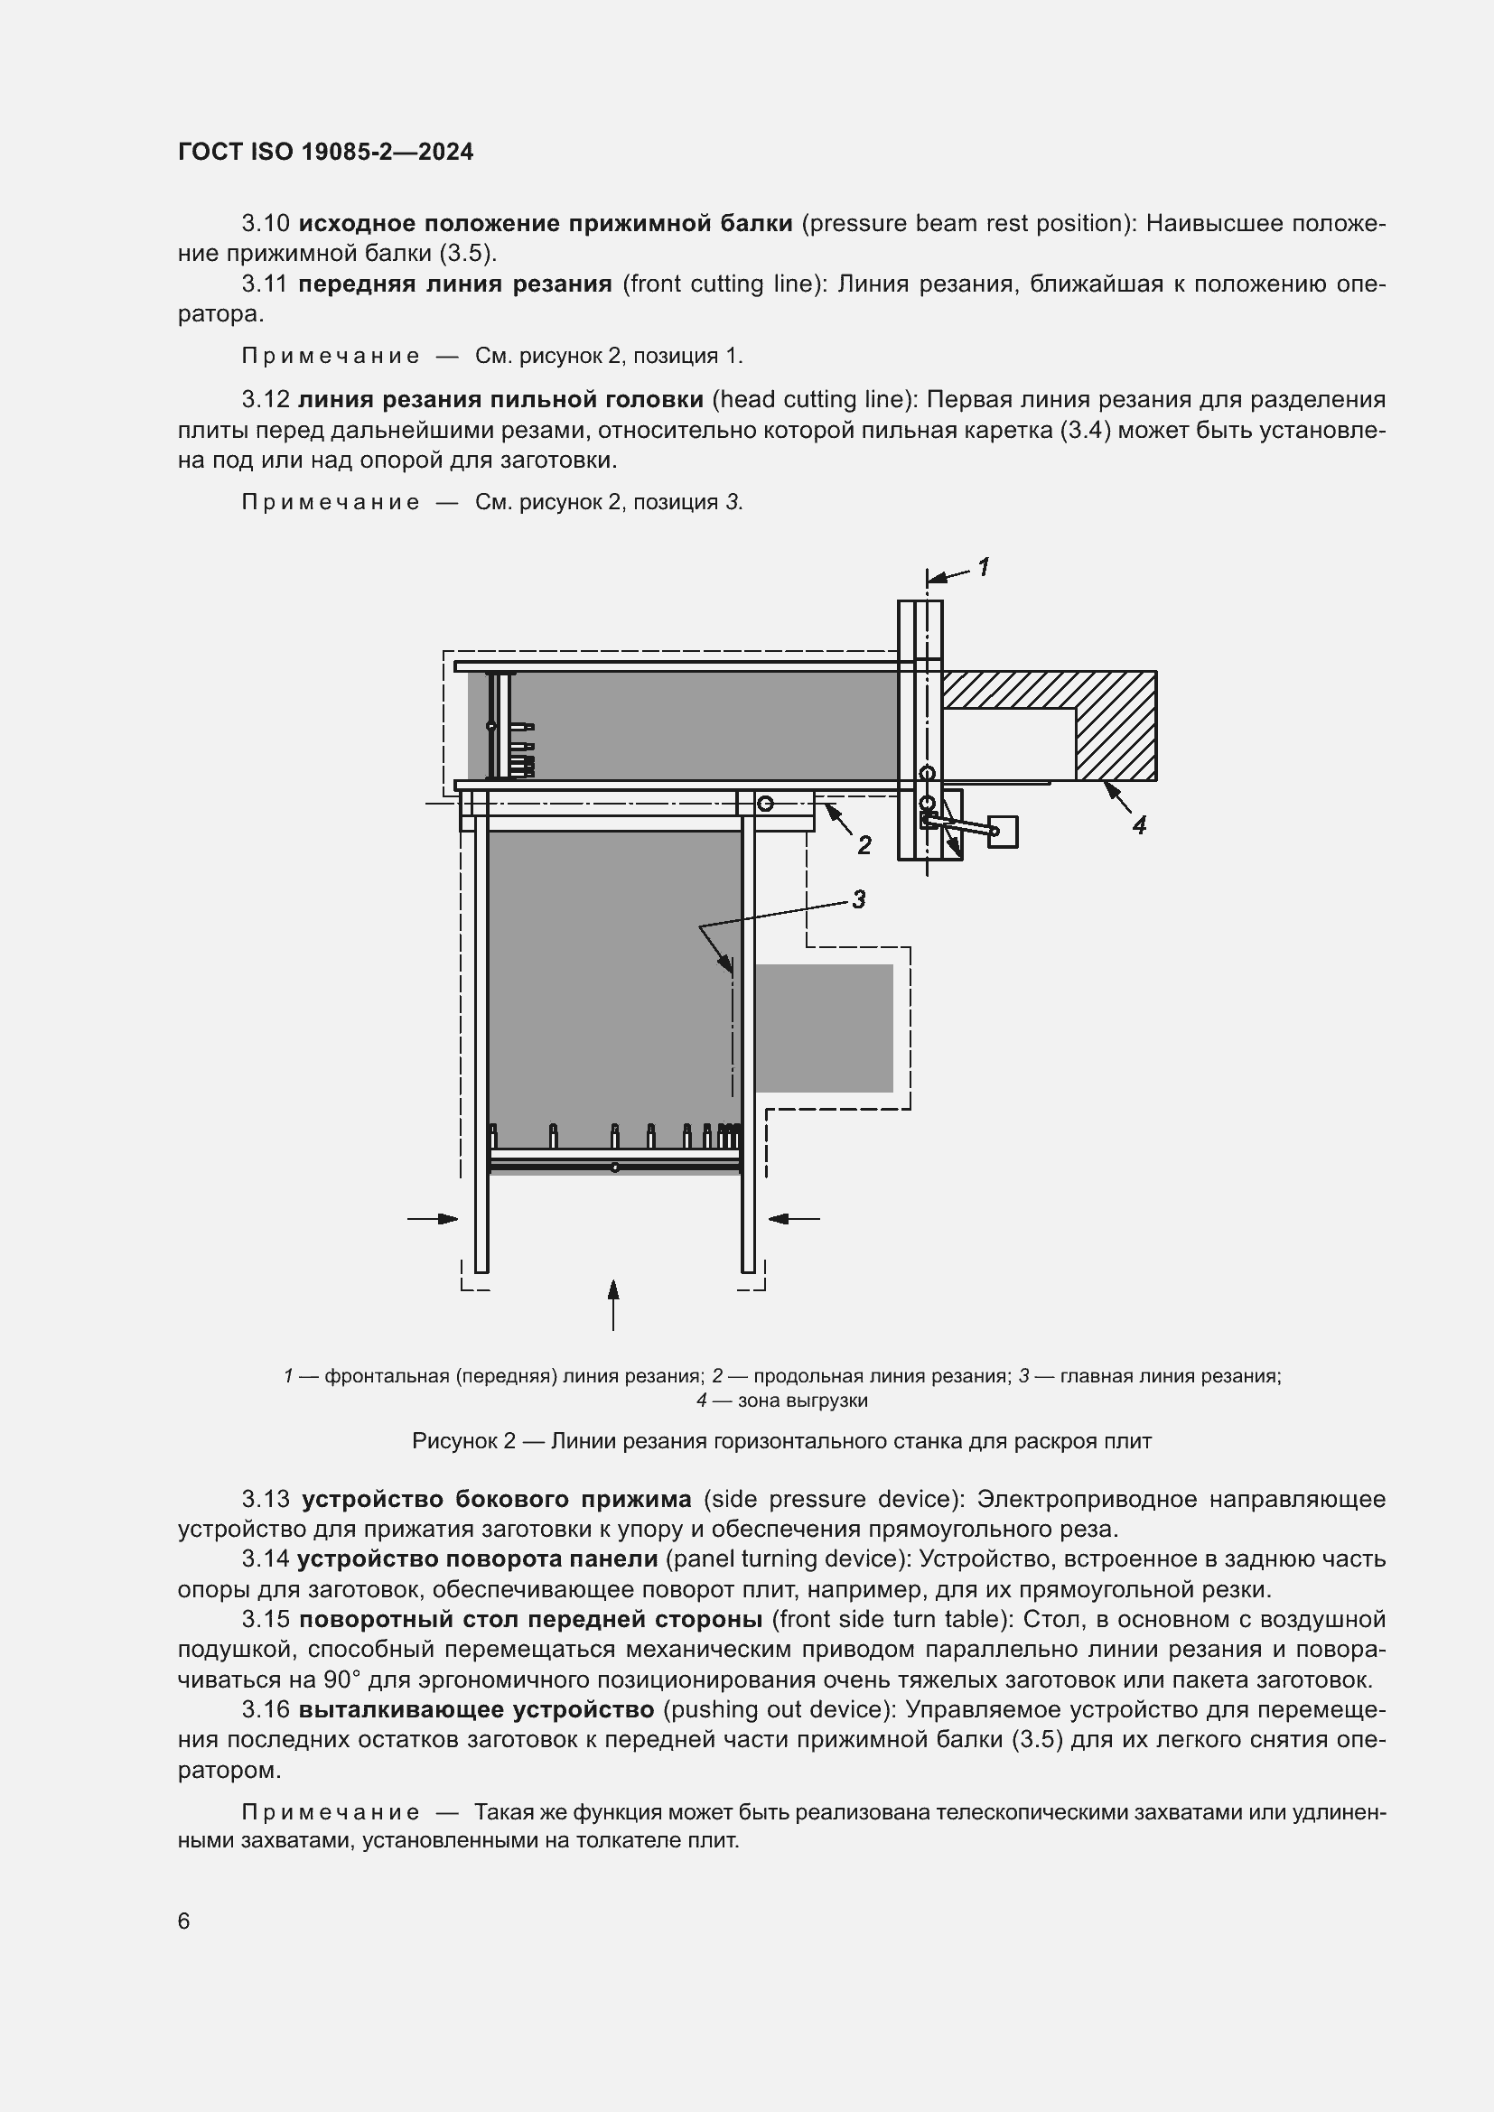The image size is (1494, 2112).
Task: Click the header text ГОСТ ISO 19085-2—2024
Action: click(x=326, y=152)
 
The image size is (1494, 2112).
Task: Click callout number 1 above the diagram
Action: click(x=984, y=568)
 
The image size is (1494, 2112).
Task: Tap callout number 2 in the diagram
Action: click(x=864, y=845)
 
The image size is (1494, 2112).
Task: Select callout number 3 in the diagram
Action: click(x=858, y=899)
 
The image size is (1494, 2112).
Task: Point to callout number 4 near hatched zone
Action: click(x=1139, y=826)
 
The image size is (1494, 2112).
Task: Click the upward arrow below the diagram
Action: click(x=613, y=1302)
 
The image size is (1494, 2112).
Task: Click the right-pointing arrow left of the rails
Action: click(x=434, y=1219)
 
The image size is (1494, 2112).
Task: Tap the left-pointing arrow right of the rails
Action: click(x=793, y=1219)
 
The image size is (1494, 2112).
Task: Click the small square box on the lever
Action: click(x=1003, y=832)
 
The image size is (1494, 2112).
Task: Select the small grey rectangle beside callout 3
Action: click(x=825, y=1028)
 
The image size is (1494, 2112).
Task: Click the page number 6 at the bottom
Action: click(x=184, y=1921)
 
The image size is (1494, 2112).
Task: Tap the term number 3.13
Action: click(x=266, y=1500)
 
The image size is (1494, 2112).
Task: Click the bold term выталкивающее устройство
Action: click(x=477, y=1710)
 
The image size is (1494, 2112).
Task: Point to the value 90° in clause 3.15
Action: click(x=342, y=1679)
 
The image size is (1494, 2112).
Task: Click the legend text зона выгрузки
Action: click(x=803, y=1401)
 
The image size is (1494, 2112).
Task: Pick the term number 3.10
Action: click(x=266, y=224)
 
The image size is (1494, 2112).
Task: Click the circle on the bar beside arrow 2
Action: click(x=765, y=804)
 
